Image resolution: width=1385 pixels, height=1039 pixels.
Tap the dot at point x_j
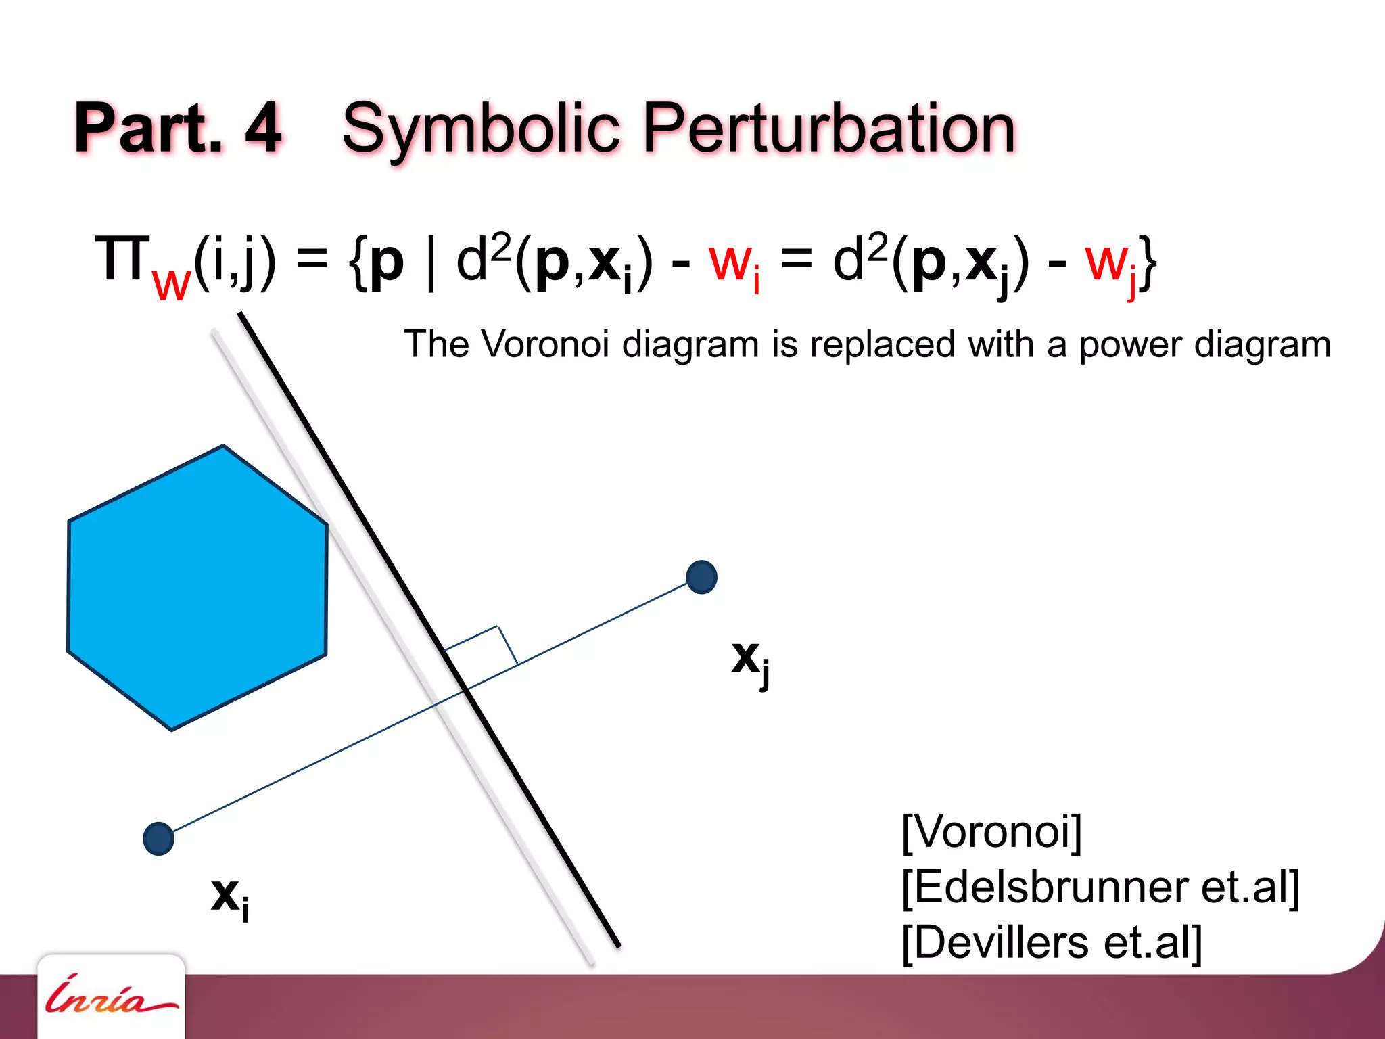[x=701, y=577]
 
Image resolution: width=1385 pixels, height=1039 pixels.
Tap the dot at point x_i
[x=159, y=839]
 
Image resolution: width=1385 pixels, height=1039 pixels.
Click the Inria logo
[x=111, y=997]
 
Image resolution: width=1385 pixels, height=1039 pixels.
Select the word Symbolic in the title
[x=481, y=129]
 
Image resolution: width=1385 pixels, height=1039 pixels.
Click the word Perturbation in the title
[x=829, y=129]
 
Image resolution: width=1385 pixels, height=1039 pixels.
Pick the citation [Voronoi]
[x=992, y=831]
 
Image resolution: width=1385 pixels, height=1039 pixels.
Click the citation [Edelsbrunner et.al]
[x=1100, y=887]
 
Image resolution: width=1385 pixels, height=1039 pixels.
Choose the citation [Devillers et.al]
[x=1052, y=942]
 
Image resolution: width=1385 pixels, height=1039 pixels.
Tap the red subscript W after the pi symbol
[x=172, y=285]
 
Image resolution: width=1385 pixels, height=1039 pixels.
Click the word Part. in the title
[x=149, y=128]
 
